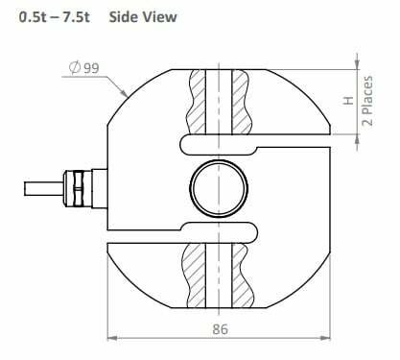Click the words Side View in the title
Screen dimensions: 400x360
(143, 16)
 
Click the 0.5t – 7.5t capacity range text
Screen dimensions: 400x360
(54, 17)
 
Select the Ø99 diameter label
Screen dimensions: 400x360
(84, 68)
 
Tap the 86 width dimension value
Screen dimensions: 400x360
(221, 329)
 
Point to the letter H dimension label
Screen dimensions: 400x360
(349, 100)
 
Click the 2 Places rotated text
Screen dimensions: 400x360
(367, 101)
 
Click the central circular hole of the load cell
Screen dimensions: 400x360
(219, 188)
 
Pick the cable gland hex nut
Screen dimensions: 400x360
(78, 188)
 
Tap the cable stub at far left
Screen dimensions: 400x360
(44, 188)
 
